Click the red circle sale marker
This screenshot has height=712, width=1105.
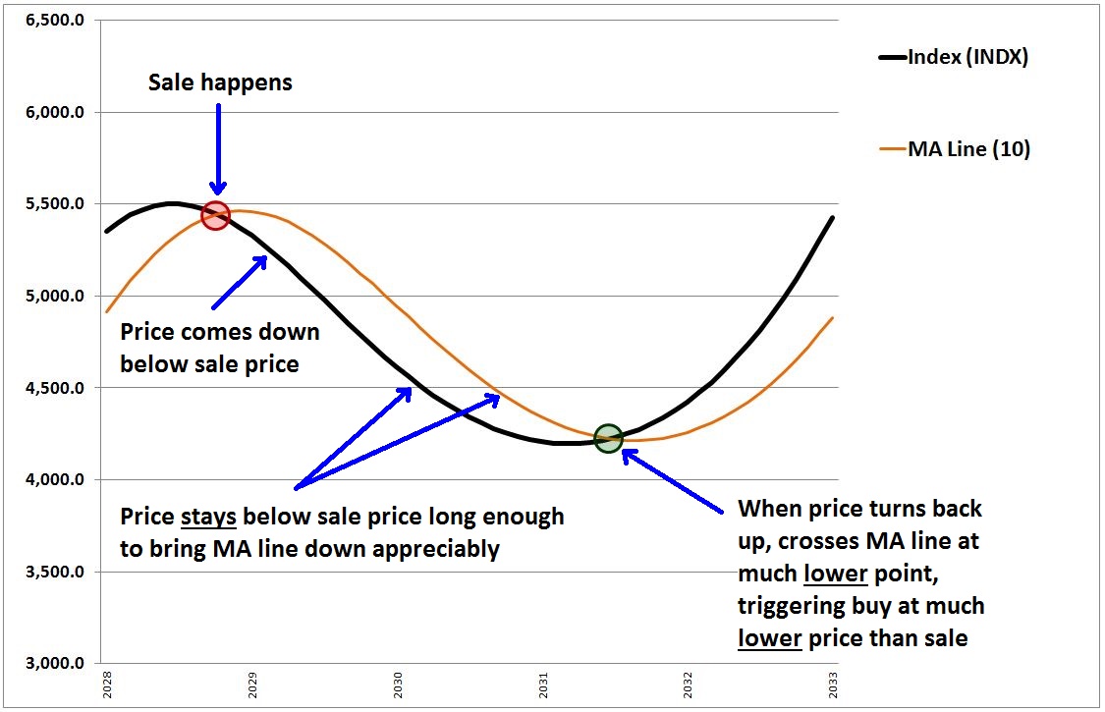(215, 216)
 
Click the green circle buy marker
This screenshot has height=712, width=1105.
(608, 439)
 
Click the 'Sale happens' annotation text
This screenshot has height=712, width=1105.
(220, 82)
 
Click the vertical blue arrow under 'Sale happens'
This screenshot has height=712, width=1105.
(218, 147)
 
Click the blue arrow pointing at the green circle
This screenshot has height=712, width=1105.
(678, 480)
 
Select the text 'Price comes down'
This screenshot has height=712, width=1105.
(219, 332)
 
